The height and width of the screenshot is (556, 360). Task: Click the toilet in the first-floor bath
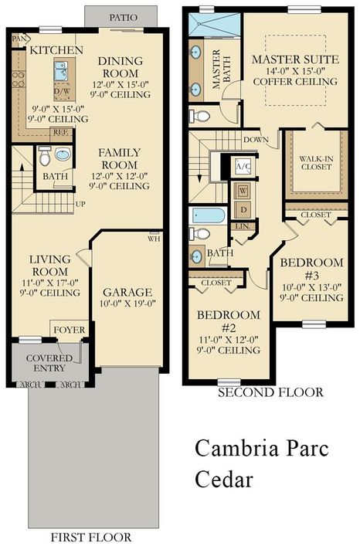pos(46,157)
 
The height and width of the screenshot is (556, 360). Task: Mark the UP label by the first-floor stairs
pos(80,205)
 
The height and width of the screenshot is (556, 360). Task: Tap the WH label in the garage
pos(155,239)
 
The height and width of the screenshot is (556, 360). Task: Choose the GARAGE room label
pos(128,292)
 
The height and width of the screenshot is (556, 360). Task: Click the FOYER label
pos(70,331)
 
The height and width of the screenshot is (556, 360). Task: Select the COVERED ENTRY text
pos(49,363)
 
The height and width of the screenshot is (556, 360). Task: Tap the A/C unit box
pos(242,166)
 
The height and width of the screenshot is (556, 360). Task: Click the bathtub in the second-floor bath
pos(208,215)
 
